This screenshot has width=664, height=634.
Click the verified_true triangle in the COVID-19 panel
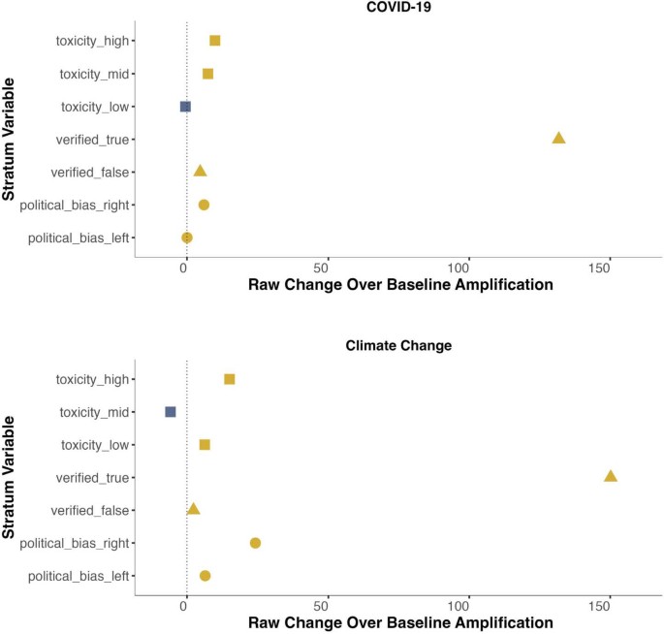click(558, 139)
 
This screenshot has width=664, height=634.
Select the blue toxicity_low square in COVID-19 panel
click(185, 107)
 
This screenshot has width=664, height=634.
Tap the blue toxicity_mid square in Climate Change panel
click(171, 412)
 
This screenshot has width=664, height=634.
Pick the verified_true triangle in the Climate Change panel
click(611, 476)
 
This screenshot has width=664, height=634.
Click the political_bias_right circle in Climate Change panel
click(255, 543)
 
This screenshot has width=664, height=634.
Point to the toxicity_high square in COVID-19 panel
click(215, 41)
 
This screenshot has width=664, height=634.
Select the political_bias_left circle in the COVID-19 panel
click(187, 238)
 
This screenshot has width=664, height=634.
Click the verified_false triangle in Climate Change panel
click(194, 509)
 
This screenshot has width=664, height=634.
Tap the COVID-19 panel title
click(399, 8)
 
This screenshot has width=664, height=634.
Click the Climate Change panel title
click(399, 345)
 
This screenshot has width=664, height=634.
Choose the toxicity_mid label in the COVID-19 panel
click(96, 74)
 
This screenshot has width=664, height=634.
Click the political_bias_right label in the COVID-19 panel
click(79, 205)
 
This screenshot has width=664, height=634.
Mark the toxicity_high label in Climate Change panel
click(95, 379)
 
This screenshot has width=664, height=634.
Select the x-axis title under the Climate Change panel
click(400, 624)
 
